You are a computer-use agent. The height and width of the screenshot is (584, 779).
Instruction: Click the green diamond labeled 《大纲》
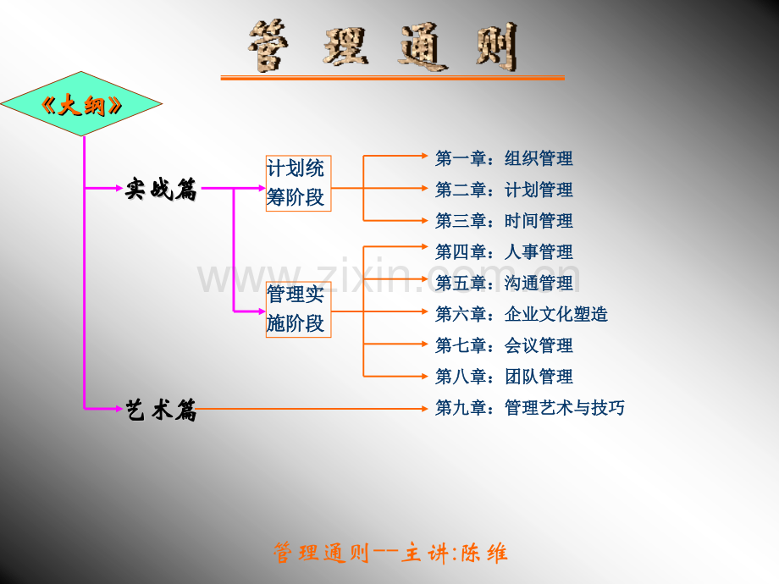point(81,104)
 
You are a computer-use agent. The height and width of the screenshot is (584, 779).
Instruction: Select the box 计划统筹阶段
point(299,184)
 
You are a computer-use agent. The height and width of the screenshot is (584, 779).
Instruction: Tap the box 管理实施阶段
point(299,310)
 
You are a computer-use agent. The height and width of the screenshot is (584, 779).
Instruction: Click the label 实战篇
point(161,190)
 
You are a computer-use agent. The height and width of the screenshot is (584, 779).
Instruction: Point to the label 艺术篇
point(161,410)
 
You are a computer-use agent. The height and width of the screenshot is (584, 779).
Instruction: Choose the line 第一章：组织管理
point(504,158)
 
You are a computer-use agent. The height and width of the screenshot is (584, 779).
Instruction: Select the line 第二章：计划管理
point(504,190)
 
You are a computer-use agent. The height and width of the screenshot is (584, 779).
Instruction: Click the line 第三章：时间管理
point(504,221)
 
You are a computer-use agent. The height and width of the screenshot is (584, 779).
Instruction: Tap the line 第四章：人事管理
point(504,252)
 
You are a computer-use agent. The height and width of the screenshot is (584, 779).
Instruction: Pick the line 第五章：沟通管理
point(504,283)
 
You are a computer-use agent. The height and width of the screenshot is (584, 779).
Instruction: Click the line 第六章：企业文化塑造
point(521,314)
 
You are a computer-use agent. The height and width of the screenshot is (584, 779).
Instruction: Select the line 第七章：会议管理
point(504,345)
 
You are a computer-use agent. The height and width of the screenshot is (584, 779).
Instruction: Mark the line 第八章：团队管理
point(504,377)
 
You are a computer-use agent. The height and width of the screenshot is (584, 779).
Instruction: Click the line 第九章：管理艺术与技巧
point(529,408)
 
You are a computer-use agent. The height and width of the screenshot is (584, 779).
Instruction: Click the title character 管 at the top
point(268,46)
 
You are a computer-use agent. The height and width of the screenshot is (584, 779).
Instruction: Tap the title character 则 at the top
point(497,47)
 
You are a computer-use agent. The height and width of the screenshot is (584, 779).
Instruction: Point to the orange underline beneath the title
point(393,78)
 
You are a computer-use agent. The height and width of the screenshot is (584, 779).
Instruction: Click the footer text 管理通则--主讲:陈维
point(390,553)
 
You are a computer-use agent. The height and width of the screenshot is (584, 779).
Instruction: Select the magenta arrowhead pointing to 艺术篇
point(119,409)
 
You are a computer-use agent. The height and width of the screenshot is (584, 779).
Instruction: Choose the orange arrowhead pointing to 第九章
point(424,409)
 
